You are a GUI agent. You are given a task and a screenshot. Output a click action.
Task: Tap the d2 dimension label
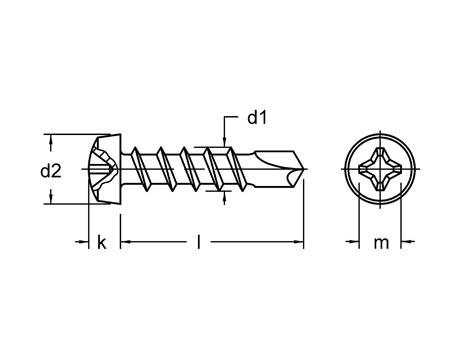click(51, 171)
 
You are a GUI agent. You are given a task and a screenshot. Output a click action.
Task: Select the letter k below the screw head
click(101, 242)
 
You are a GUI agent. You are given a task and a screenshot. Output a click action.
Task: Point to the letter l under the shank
click(202, 242)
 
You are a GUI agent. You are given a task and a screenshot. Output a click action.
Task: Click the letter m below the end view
click(380, 242)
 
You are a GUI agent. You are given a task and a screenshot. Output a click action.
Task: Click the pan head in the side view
click(104, 170)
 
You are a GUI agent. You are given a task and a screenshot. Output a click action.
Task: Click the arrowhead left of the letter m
click(353, 242)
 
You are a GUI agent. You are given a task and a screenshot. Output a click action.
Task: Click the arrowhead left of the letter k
click(85, 242)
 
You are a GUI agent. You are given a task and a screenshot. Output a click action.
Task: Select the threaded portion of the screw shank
click(185, 170)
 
